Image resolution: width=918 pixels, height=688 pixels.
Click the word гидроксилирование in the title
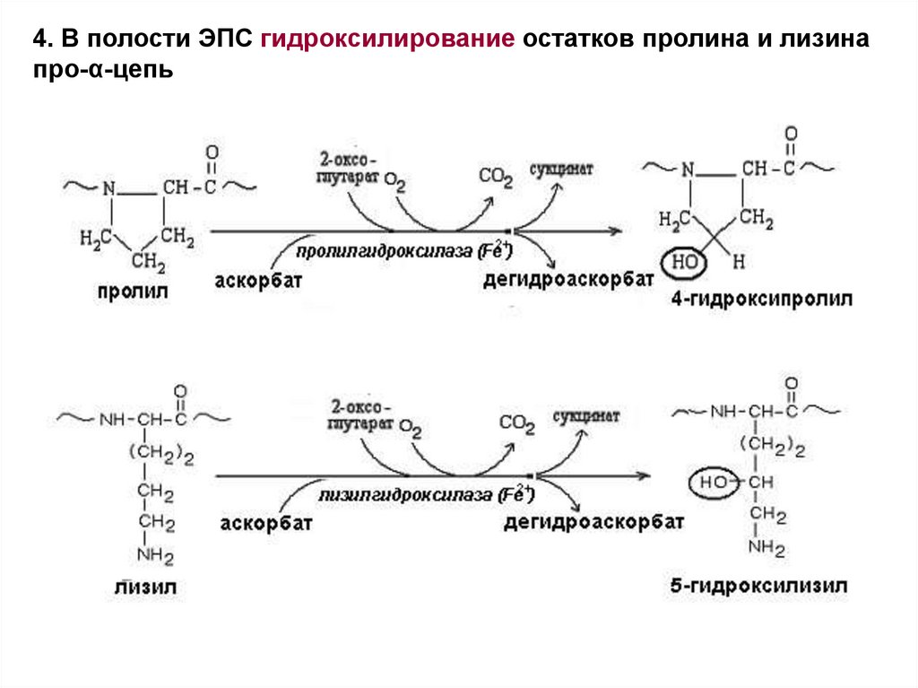pos(388,41)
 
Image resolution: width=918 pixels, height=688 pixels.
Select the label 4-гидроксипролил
pos(761,299)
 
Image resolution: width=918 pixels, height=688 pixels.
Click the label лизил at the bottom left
pos(145,588)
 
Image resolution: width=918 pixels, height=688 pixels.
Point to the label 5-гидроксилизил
pos(758,586)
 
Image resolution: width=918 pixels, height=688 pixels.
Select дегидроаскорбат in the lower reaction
pos(595,521)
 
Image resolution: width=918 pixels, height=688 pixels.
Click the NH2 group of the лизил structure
pos(155,555)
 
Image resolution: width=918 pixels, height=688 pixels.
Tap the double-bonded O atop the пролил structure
pos(211,151)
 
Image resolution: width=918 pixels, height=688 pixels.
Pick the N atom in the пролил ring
pos(109,188)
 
